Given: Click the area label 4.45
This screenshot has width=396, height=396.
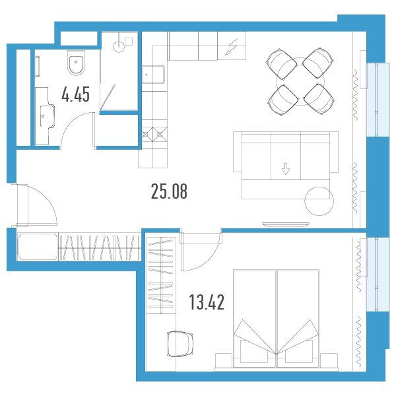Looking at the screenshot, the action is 75,94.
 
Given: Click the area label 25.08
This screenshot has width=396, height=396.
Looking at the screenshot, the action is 169,191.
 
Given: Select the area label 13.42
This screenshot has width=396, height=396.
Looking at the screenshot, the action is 207,302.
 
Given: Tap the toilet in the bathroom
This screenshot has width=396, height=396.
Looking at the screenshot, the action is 76,63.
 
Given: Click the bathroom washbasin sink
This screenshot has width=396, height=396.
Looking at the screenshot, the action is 47,116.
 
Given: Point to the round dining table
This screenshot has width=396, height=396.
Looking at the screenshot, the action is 300,81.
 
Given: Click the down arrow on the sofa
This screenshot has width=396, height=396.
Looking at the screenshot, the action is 286,169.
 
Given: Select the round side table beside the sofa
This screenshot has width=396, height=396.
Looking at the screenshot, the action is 319,201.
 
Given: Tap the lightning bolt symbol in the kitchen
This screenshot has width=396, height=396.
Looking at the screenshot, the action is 232,47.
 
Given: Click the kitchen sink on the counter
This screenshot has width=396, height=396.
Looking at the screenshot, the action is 153,75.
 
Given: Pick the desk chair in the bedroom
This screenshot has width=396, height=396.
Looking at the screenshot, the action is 180,344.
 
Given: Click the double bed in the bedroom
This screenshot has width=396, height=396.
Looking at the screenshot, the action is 277,319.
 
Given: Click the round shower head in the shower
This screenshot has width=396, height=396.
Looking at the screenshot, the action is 119,47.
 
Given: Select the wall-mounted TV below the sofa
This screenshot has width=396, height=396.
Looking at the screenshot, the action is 286,224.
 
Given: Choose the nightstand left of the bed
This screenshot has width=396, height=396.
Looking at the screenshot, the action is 224,360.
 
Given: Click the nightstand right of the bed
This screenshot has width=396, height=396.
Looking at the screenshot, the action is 329,360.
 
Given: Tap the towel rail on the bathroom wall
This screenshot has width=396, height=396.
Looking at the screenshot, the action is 38,66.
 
